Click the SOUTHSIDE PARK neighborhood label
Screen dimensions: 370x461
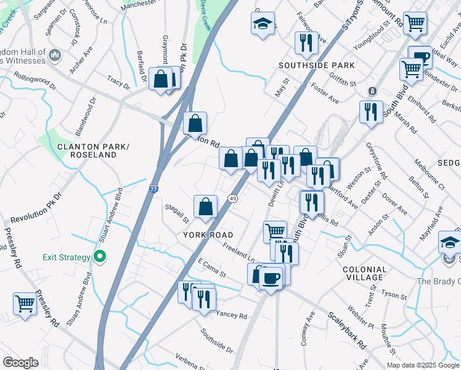(x=316, y=65)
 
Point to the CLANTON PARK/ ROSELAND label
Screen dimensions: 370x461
(x=87, y=150)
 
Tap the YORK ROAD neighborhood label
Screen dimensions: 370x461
(x=208, y=235)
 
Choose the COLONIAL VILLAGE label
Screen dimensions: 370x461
(x=364, y=273)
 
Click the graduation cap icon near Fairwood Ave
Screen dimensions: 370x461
(x=263, y=25)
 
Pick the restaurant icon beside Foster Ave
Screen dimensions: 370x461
(x=304, y=43)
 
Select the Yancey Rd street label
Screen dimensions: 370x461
(x=232, y=316)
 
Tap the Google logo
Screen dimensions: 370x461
(x=20, y=363)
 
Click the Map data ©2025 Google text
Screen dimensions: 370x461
(x=422, y=365)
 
